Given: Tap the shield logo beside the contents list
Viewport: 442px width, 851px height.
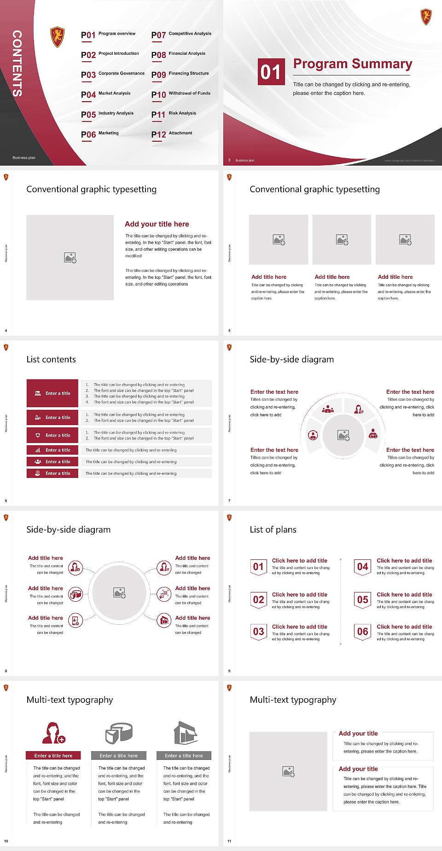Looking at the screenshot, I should [x=57, y=37].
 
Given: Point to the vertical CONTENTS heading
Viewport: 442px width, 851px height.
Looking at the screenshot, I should [x=17, y=63].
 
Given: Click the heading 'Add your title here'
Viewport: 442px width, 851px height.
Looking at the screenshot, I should [x=157, y=224].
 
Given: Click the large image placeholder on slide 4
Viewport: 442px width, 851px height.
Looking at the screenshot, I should [x=70, y=258].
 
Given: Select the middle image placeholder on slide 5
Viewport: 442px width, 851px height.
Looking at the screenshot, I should [x=342, y=240].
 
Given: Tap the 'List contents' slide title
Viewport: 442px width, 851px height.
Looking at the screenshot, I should [x=51, y=359].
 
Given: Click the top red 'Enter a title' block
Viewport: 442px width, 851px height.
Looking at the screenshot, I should [x=52, y=393].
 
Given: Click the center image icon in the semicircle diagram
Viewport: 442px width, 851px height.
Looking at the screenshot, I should [x=343, y=435].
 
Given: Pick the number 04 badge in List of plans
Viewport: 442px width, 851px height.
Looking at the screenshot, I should [x=363, y=567].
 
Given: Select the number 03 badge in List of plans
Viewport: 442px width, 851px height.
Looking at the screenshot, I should [x=259, y=632].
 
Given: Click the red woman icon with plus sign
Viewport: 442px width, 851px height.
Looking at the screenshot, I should [x=53, y=733].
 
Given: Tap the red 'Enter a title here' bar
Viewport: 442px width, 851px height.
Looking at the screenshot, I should [x=53, y=755].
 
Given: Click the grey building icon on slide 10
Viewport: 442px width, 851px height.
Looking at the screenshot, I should [x=186, y=733].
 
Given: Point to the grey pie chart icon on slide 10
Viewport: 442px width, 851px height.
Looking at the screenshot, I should [x=119, y=733].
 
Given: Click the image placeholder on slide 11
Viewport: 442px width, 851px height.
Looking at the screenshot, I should [x=289, y=771].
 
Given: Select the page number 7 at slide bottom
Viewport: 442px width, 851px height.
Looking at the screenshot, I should [x=229, y=500].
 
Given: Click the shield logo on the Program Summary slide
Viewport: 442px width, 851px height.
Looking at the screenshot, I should [x=426, y=17].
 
